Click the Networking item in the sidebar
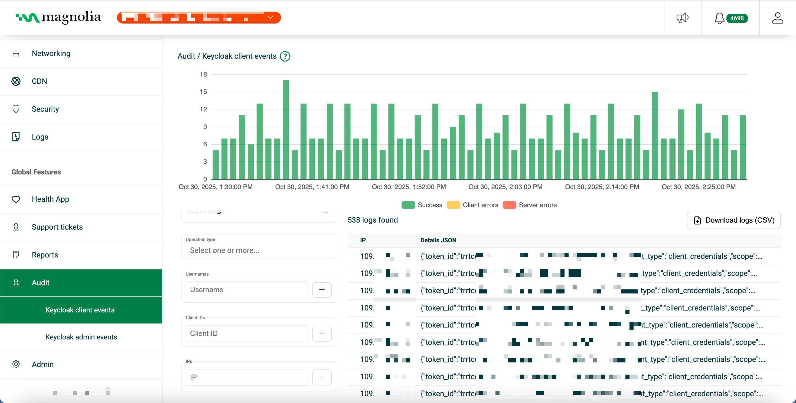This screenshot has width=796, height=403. click(x=51, y=53)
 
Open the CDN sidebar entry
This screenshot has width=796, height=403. click(x=39, y=81)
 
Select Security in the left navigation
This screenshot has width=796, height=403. click(x=45, y=109)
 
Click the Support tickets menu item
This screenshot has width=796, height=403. click(x=57, y=227)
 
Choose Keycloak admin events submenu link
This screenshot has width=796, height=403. click(x=81, y=337)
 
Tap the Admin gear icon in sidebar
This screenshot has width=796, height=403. click(x=16, y=364)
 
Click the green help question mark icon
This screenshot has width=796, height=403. click(x=285, y=56)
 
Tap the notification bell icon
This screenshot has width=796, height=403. click(x=719, y=18)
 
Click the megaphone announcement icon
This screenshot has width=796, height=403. click(x=682, y=18)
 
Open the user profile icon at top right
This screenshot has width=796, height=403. click(x=778, y=18)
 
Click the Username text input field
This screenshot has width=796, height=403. click(x=247, y=289)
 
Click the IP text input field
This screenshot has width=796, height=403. click(x=247, y=377)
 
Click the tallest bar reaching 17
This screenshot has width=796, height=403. click(x=286, y=130)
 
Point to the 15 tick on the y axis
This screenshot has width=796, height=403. click(x=203, y=92)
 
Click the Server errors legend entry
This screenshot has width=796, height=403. click(x=530, y=205)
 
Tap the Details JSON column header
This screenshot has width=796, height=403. click(x=438, y=240)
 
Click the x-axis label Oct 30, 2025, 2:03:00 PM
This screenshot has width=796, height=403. click(x=505, y=187)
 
